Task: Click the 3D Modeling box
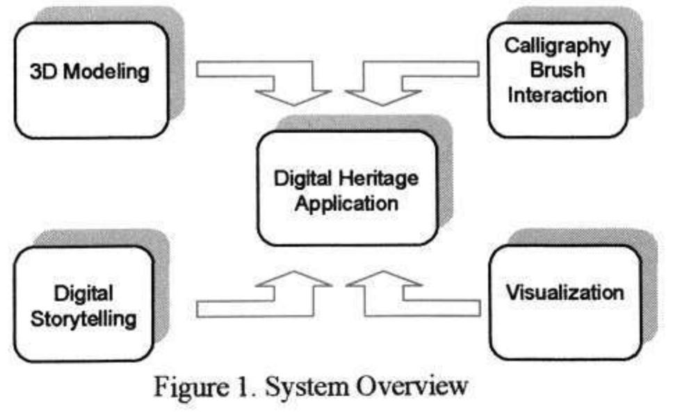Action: pyautogui.click(x=91, y=80)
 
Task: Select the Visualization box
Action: pyautogui.click(x=565, y=302)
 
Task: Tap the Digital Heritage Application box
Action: pyautogui.click(x=347, y=188)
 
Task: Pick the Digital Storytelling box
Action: pyautogui.click(x=83, y=304)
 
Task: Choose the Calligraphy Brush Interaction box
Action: pyautogui.click(x=557, y=80)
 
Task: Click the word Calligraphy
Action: pyautogui.click(x=557, y=47)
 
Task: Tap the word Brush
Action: pyautogui.click(x=557, y=70)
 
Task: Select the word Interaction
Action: pyautogui.click(x=557, y=95)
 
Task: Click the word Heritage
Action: pyautogui.click(x=379, y=179)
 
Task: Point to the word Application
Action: pyautogui.click(x=346, y=204)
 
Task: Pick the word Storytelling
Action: pyautogui.click(x=83, y=320)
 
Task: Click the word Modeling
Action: pyautogui.click(x=106, y=72)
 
